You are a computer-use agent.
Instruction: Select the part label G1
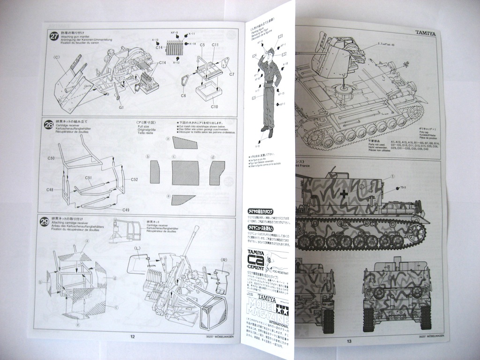tap(120, 108)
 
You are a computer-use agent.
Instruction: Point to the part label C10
tap(214, 106)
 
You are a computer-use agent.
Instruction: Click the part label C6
tap(183, 96)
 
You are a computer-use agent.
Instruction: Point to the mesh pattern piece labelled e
tap(183, 199)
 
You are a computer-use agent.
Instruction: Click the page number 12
tap(132, 336)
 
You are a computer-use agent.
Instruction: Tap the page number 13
tap(349, 341)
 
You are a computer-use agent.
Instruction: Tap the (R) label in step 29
tap(224, 258)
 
